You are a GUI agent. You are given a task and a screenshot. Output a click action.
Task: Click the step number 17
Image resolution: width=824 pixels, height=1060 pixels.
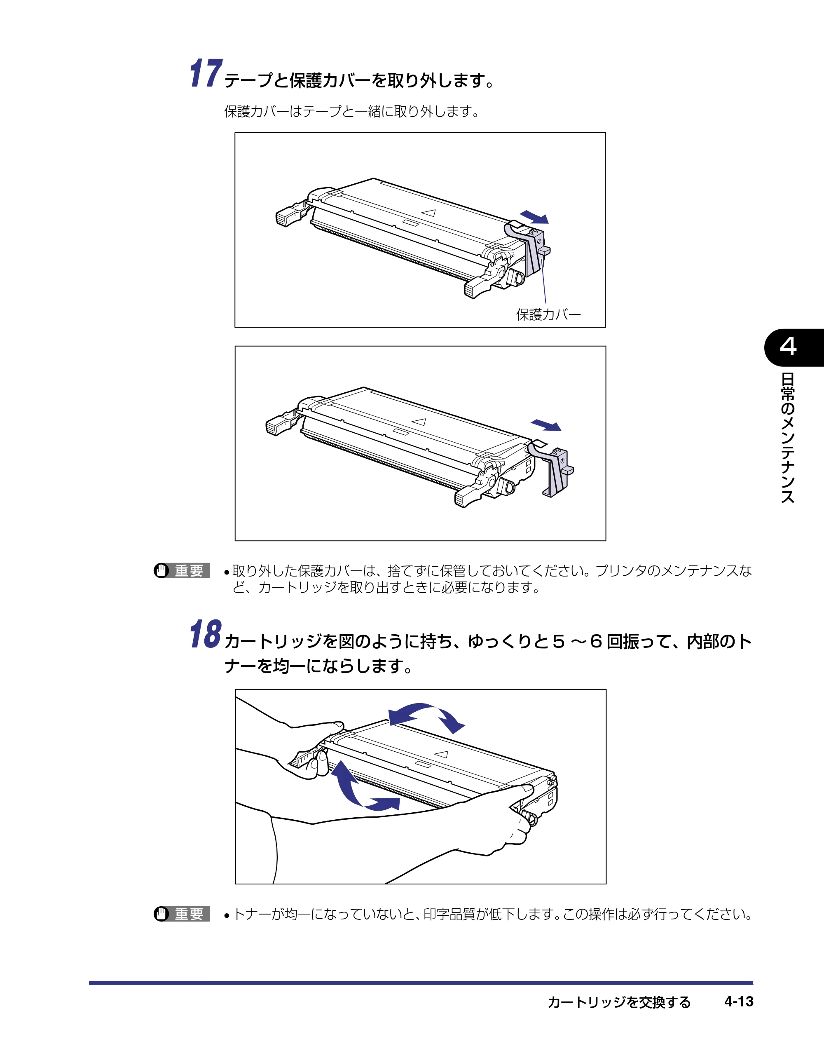point(206,73)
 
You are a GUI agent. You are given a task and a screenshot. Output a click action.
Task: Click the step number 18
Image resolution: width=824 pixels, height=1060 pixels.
point(206,633)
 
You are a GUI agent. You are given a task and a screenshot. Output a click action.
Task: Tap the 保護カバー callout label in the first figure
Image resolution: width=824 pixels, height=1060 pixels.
point(548,314)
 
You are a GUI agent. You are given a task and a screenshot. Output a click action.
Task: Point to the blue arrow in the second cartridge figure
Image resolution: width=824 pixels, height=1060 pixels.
point(546,425)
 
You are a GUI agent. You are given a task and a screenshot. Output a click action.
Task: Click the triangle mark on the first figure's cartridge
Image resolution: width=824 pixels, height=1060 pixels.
point(428,213)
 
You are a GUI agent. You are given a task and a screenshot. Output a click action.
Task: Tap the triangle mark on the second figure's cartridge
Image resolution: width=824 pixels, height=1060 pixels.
point(419,422)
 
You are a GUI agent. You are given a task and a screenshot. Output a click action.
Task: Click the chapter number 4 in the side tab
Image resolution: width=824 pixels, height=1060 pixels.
point(788,347)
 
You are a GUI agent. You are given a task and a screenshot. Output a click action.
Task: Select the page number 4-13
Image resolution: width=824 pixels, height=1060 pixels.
point(739,1002)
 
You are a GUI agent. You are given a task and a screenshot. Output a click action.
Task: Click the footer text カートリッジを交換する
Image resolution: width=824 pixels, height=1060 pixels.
point(619,1002)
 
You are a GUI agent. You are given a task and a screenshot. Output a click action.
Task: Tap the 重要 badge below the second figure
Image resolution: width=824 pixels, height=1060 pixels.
point(182,570)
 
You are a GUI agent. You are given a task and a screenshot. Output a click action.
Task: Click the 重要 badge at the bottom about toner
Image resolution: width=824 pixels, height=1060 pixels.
point(182,914)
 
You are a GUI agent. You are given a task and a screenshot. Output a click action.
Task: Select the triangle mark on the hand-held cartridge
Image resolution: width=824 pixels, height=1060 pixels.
point(441,754)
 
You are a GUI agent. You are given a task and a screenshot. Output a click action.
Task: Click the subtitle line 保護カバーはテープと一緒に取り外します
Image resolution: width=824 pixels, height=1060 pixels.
point(352,112)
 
